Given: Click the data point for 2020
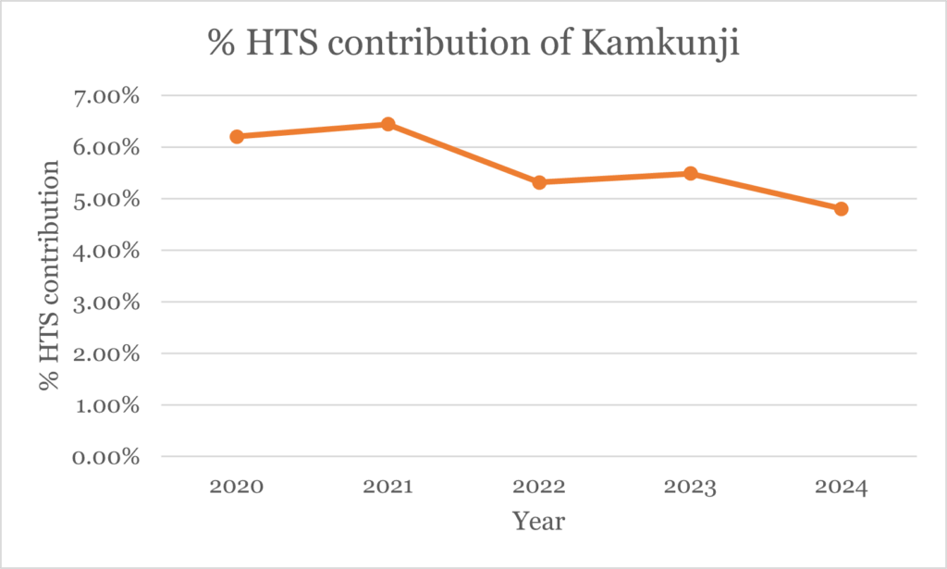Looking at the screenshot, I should click(x=237, y=136).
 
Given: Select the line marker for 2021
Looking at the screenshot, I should click(x=388, y=124).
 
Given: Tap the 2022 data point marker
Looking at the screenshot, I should click(x=539, y=182).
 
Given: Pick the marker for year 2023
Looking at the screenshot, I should click(x=690, y=173).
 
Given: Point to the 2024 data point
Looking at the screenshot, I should click(x=841, y=209).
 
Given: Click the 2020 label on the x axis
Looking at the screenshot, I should click(x=237, y=488).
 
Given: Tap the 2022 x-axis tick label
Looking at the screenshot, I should click(x=539, y=488).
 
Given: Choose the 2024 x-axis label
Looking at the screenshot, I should click(x=841, y=488).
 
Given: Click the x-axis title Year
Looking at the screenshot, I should click(x=539, y=521).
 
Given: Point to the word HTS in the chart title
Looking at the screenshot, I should click(x=277, y=44).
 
